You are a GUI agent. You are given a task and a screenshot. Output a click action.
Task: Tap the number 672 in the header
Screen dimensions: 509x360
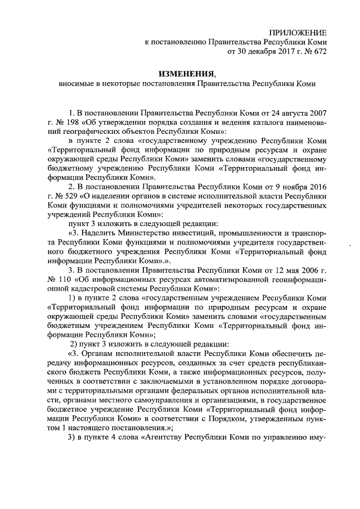tap(317, 52)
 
